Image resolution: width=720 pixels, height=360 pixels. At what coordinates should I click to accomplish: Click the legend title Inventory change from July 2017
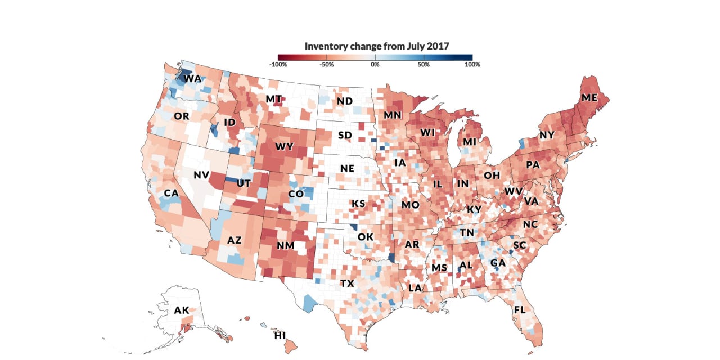pos(377,46)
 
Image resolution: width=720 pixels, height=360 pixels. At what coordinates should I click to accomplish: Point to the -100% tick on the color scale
pos(278,65)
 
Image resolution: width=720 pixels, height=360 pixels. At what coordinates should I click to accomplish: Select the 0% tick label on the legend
pos(375,65)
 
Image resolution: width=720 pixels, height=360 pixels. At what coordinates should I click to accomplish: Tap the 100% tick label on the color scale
pos(472,65)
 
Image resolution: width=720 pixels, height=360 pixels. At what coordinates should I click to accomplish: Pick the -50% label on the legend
pos(327,65)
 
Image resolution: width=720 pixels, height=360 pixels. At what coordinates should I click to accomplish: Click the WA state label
pos(192,79)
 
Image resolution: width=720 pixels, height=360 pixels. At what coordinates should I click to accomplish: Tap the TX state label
pos(347,283)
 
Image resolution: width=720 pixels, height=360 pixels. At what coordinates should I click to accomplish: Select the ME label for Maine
pos(589,97)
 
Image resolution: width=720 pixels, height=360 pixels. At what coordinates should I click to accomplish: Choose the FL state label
pos(520,310)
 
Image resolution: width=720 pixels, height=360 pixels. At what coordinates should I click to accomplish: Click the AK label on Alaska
pos(182,310)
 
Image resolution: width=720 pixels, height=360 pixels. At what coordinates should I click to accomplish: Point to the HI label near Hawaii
pos(280,336)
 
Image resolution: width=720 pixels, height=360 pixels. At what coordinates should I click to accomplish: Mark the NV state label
pos(201,175)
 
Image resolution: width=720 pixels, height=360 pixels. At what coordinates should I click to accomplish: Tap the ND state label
pos(344,102)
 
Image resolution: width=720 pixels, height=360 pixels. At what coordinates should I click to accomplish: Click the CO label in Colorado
pos(296,194)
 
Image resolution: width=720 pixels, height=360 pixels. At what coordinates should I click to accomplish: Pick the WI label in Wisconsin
pos(429,133)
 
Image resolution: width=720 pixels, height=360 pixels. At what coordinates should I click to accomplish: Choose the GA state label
pos(498,263)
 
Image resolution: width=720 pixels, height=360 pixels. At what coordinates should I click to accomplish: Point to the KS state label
pos(358,204)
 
